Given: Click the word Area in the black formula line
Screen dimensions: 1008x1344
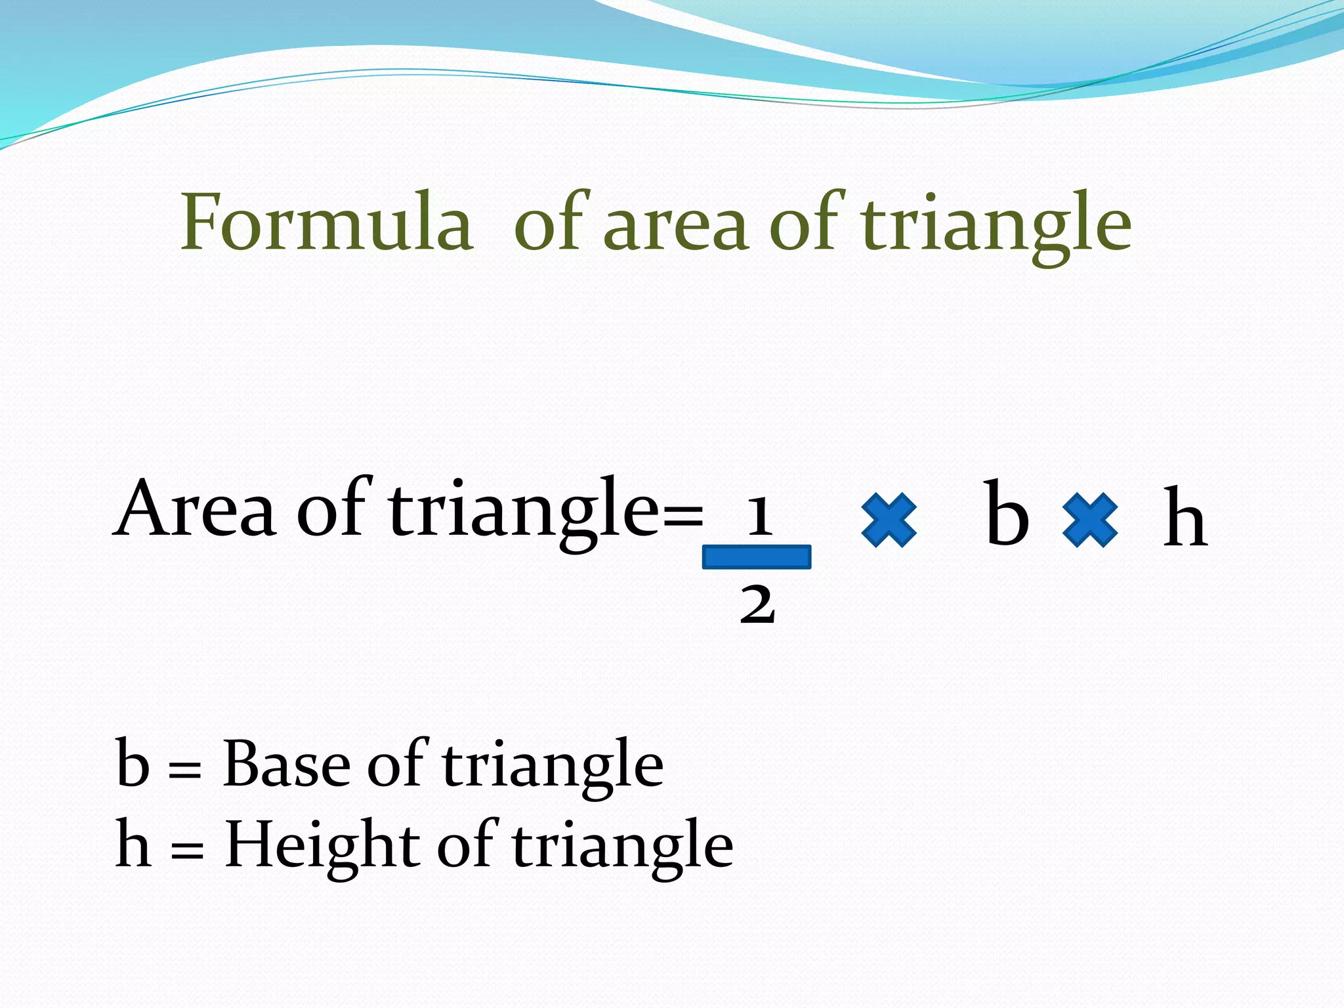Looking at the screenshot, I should coord(195,509).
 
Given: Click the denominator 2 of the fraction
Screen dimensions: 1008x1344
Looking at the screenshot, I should coord(757,604).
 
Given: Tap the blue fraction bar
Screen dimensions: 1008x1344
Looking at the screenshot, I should coord(757,557).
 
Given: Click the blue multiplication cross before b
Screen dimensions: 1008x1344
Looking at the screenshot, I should coord(889,520).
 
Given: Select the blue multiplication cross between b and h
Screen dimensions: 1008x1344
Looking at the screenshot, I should coord(1089,520).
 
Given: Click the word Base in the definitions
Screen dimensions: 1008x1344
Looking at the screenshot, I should coord(287,765).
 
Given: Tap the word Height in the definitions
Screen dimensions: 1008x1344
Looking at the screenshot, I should coord(322,847).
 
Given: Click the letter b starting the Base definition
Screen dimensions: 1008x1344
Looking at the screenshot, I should coord(133,763).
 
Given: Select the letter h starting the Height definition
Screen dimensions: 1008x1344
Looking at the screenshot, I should coord(133,845).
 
